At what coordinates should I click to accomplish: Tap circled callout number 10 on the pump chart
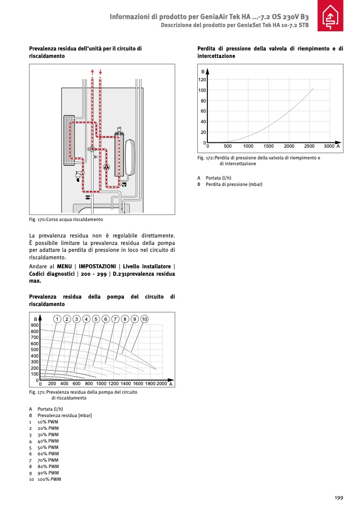click(x=144, y=319)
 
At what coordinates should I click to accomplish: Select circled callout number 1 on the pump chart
click(x=57, y=319)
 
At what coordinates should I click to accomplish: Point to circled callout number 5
click(x=96, y=319)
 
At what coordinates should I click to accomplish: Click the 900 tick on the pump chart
click(x=35, y=325)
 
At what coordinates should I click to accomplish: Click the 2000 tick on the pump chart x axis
click(x=162, y=384)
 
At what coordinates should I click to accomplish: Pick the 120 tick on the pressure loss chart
click(x=202, y=80)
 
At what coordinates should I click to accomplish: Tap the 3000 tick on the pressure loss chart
click(x=329, y=146)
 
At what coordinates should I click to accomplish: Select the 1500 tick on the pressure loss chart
click(x=269, y=146)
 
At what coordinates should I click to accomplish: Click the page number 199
click(x=339, y=497)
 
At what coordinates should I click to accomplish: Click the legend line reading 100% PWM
click(x=49, y=479)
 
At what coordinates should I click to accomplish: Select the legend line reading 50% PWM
click(x=48, y=447)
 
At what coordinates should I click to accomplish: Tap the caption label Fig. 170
click(x=37, y=219)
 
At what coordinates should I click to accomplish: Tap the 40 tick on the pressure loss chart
click(x=203, y=122)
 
